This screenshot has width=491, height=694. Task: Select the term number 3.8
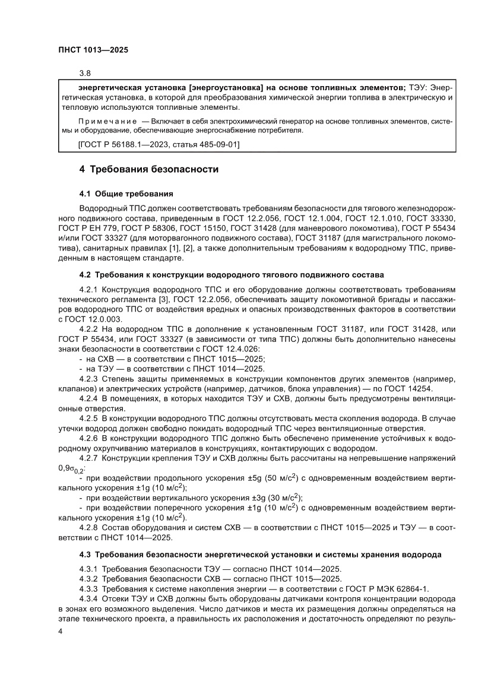(85, 74)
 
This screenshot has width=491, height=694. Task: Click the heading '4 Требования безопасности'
(149, 170)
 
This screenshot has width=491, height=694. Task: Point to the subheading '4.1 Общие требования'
(126, 194)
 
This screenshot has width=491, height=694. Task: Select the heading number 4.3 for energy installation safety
(87, 554)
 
